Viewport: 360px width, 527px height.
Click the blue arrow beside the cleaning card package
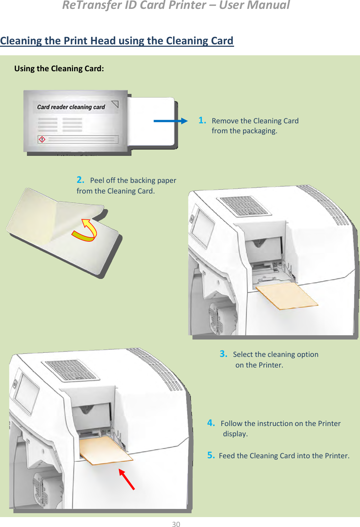[x=171, y=121]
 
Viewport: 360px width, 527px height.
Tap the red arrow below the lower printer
[x=127, y=479]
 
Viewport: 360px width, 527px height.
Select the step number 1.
[x=202, y=120]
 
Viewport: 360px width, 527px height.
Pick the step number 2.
[x=81, y=180]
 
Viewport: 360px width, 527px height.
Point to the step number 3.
[x=223, y=354]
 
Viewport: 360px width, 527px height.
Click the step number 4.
[x=211, y=423]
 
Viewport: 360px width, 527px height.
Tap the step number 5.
[x=211, y=455]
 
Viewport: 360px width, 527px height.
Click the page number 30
[x=176, y=524]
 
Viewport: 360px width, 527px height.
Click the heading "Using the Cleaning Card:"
[x=59, y=68]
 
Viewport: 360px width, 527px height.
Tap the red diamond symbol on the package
[x=42, y=139]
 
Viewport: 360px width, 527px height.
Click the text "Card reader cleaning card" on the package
[x=71, y=107]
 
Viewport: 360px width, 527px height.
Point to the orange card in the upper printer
[x=287, y=296]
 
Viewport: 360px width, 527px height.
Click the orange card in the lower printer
[x=106, y=450]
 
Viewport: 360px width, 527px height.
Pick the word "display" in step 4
[x=235, y=434]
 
